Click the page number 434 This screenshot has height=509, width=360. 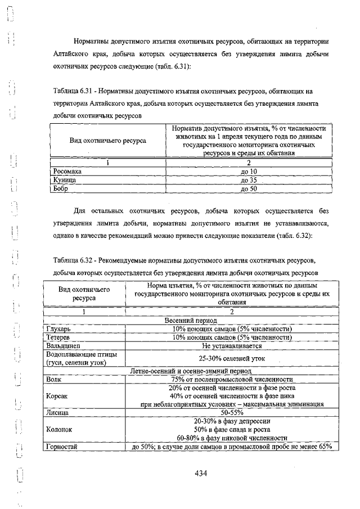[x=201, y=474]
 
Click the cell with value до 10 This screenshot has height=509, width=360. [x=248, y=171]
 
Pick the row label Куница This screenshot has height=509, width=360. [x=64, y=180]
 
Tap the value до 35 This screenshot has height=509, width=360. [x=248, y=180]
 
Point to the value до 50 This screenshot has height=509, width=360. [x=248, y=189]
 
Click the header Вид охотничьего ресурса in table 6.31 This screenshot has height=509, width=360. [x=107, y=140]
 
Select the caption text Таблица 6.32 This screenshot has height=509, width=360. [x=71, y=261]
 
